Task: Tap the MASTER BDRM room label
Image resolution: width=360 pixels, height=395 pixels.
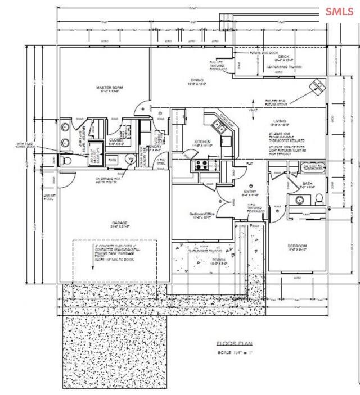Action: tap(109, 88)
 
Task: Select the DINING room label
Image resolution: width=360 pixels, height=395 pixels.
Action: tap(196, 81)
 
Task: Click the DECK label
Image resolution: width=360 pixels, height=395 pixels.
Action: tap(283, 57)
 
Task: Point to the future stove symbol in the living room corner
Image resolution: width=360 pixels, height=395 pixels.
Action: tap(318, 86)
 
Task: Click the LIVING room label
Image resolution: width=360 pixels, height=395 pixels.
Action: tap(280, 121)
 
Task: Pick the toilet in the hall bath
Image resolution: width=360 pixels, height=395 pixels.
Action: tap(318, 198)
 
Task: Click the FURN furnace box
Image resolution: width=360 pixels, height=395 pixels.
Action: tap(112, 160)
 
